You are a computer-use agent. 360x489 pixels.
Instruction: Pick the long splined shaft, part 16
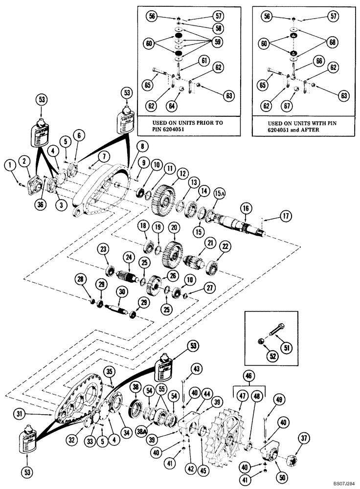click(x=240, y=226)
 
